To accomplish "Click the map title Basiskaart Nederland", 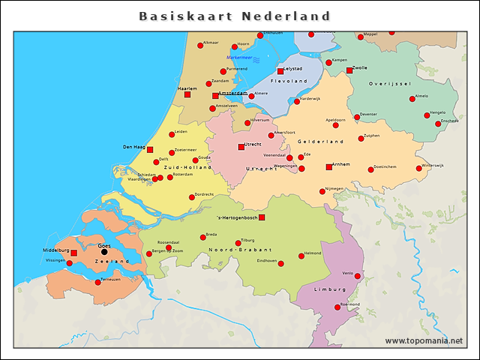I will (x=235, y=16).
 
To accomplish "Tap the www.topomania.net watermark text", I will (x=424, y=341).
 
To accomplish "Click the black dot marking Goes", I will (x=104, y=251).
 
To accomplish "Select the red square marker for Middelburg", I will (x=73, y=253).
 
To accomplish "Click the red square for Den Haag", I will (x=150, y=149).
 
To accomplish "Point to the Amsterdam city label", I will (x=232, y=93).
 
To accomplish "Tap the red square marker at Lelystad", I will (x=280, y=71).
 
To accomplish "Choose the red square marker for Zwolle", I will (x=349, y=70).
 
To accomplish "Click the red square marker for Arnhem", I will (x=328, y=166).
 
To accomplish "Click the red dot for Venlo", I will (x=358, y=276).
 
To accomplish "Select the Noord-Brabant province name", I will (x=232, y=249).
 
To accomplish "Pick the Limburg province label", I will (x=331, y=288).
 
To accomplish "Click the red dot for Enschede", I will (x=438, y=124).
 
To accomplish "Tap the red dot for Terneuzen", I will (x=97, y=282).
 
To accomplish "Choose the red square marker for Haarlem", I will (x=187, y=94).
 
